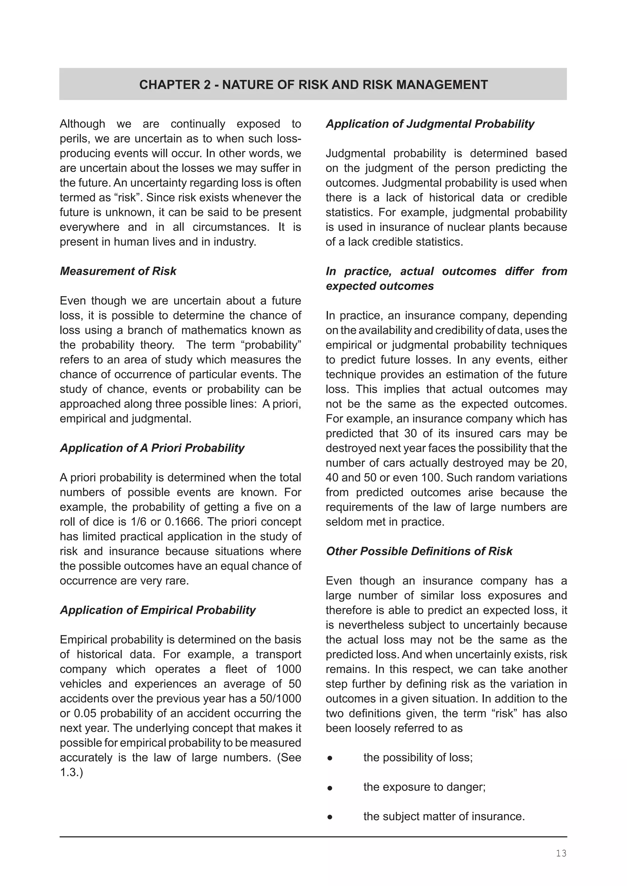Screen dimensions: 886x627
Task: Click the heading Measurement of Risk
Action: (x=118, y=271)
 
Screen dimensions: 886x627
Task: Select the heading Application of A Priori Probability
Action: (x=152, y=448)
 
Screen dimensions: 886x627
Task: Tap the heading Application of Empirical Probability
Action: (x=158, y=610)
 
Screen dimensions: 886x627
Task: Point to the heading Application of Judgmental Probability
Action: (x=430, y=124)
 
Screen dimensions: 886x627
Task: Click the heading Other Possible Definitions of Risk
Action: (x=419, y=551)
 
